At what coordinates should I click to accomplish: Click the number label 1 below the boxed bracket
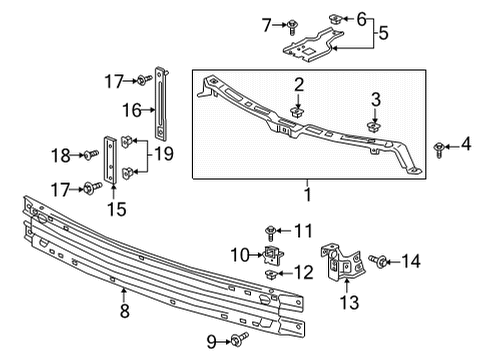(309, 187)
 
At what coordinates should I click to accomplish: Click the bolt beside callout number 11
(270, 232)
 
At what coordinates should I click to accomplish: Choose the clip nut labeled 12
(271, 274)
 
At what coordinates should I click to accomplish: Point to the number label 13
(347, 302)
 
